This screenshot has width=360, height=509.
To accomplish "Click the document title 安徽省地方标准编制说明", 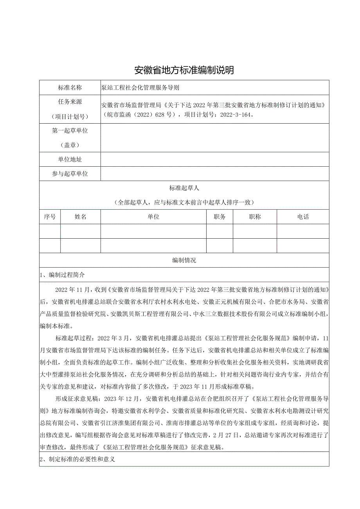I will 184,70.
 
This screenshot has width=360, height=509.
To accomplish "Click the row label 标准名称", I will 70,88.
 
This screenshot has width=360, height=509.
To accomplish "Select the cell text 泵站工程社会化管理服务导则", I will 140,88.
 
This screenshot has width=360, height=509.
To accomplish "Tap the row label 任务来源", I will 70,102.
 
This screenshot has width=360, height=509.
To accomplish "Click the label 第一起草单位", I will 70,131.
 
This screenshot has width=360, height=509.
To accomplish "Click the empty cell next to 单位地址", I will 214,160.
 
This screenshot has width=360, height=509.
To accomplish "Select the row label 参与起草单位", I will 70,174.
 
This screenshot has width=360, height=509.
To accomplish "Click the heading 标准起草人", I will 184,188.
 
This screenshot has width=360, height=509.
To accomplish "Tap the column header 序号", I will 50,217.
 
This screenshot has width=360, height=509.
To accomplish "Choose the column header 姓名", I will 80,217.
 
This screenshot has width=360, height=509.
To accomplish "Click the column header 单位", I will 153,217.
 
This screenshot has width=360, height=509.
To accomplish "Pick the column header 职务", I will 220,217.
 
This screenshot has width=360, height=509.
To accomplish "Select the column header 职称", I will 255,217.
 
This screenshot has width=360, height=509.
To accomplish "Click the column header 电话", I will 303,217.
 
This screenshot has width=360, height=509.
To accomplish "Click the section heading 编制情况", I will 184,260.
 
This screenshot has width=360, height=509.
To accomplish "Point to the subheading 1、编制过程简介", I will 62,275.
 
